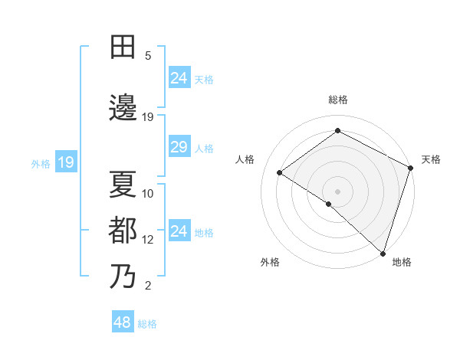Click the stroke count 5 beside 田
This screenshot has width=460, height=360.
click(148, 56)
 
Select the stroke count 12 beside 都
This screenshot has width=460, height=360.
click(148, 240)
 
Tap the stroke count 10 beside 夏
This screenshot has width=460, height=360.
click(148, 194)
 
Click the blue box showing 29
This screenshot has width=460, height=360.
click(179, 147)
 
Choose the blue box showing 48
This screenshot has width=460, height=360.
click(123, 322)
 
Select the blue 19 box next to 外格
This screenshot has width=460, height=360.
click(65, 162)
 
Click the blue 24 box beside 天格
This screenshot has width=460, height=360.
click(179, 78)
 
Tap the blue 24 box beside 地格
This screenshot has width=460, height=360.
click(179, 231)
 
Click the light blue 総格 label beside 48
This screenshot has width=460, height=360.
click(147, 324)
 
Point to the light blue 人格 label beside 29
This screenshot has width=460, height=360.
click(203, 149)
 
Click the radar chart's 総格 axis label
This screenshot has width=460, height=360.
click(338, 100)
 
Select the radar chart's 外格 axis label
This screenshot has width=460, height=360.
click(270, 263)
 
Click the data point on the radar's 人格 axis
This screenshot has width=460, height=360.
click(280, 173)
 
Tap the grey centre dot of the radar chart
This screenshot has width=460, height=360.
click(337, 191)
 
